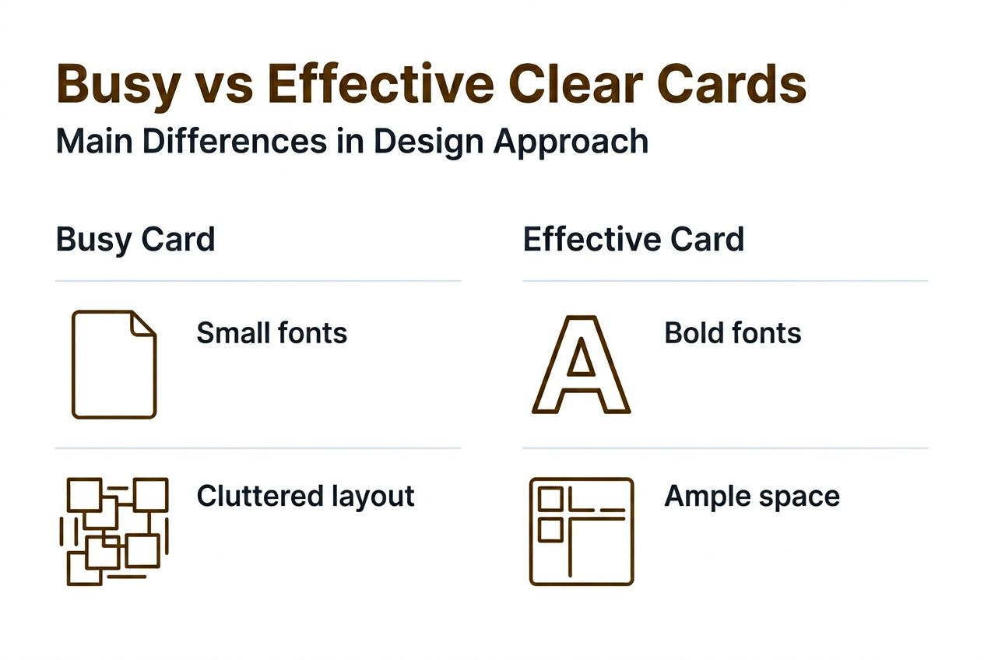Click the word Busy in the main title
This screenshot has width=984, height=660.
pos(118,84)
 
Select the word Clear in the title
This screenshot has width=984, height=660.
pos(570,84)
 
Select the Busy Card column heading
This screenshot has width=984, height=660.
pos(135,239)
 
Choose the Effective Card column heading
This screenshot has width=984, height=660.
pos(633,239)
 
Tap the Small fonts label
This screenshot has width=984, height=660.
pos(272,333)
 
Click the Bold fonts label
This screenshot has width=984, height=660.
pos(733,333)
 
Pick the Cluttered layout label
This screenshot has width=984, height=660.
pos(305,496)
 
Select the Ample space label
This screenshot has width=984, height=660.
pos(752,496)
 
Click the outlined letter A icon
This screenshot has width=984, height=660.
pos(581,364)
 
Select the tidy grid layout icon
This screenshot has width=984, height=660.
pos(581,531)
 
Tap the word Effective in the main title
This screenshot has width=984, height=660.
pos(381,84)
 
